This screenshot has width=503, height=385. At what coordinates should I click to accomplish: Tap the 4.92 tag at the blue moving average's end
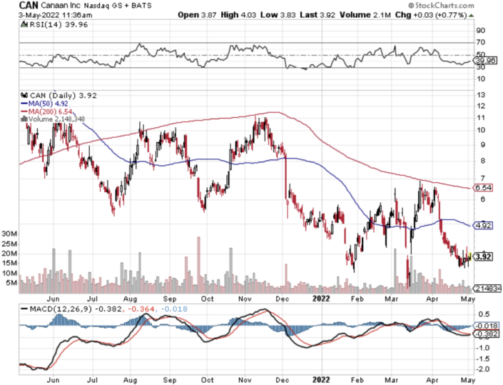pos(483,226)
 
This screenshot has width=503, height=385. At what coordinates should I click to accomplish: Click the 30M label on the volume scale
pos(9,234)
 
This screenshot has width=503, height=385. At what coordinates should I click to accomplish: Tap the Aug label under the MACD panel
pos(130,379)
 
